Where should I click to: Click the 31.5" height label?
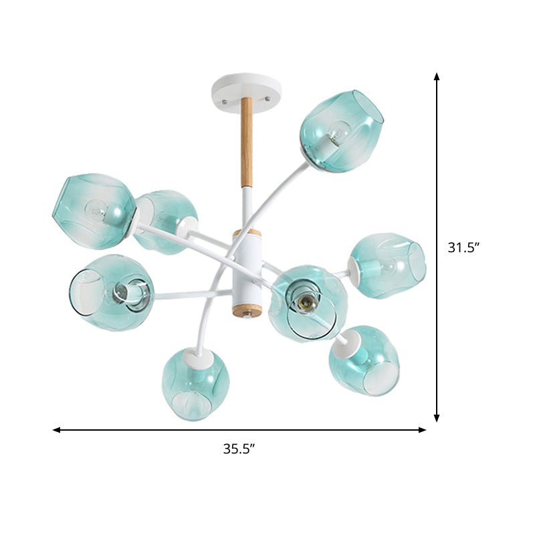(x=464, y=247)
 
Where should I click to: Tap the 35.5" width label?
(x=240, y=449)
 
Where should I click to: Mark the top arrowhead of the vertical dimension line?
(x=437, y=77)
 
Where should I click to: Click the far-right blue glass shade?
(x=388, y=265)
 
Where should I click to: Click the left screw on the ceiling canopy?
(x=227, y=100)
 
